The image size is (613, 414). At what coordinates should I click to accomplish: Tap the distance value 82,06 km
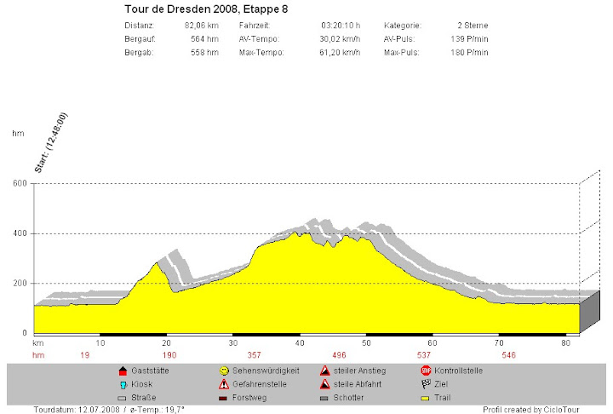[x=201, y=26]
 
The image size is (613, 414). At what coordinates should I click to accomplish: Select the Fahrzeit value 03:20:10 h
[x=341, y=26]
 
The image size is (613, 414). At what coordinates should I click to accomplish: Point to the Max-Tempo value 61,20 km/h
[x=340, y=53]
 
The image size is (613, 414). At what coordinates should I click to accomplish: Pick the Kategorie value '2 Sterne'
[x=473, y=26]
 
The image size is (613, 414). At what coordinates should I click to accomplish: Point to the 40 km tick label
[x=299, y=342]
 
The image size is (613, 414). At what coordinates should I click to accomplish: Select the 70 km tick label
[x=499, y=342]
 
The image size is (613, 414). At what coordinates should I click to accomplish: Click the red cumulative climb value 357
[x=254, y=354]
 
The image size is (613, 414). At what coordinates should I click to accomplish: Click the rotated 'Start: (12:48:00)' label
[x=50, y=144]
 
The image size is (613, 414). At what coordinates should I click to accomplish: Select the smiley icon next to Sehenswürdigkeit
[x=225, y=371]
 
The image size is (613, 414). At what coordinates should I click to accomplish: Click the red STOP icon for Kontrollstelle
[x=426, y=371]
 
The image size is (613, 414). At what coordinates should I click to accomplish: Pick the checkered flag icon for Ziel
[x=426, y=384]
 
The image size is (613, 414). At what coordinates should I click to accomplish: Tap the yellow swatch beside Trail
[x=426, y=398]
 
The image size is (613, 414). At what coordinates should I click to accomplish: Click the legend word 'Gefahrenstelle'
[x=259, y=384]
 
